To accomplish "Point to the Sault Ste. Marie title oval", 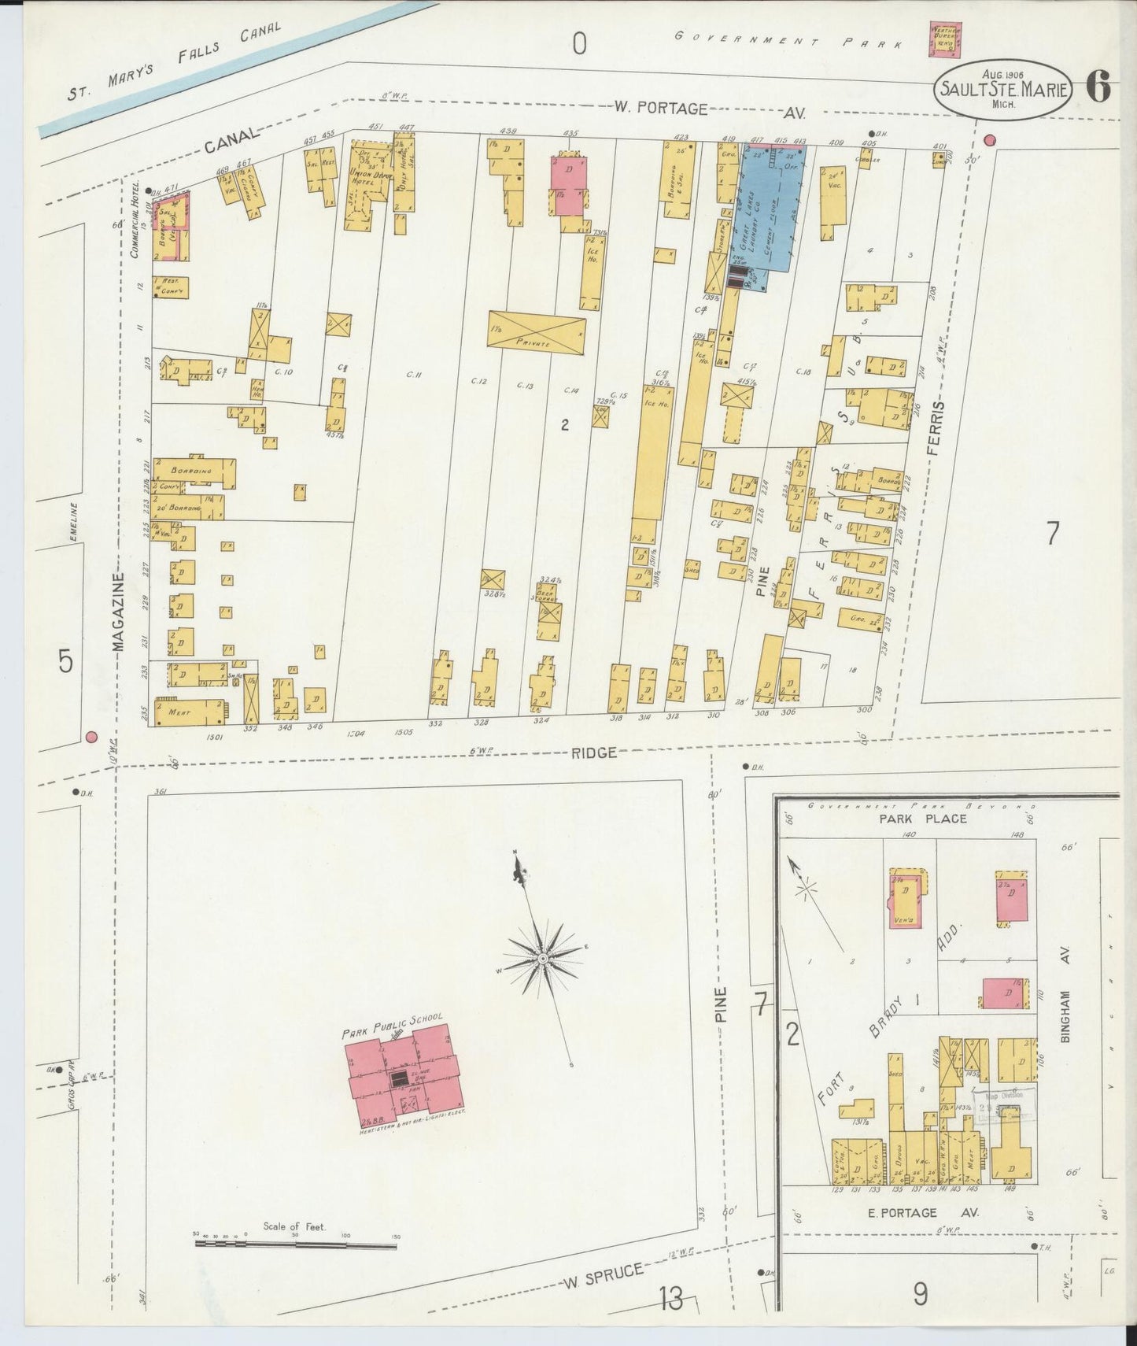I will click(x=1002, y=90).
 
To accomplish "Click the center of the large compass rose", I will click(x=542, y=958).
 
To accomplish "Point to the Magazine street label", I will click(x=119, y=612).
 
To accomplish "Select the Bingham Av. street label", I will click(x=1066, y=1016).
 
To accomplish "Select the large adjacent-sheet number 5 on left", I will click(x=66, y=661).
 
